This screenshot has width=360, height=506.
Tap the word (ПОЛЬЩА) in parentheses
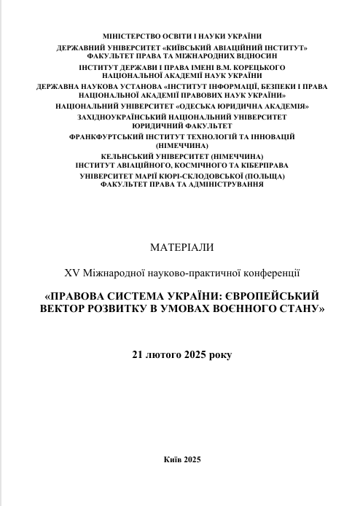pyautogui.click(x=261, y=176)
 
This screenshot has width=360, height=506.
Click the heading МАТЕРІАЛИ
pyautogui.click(x=181, y=247)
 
